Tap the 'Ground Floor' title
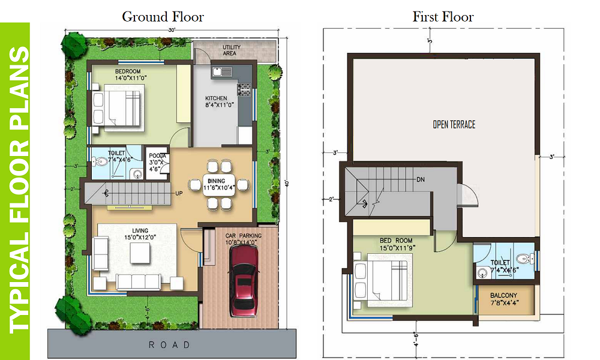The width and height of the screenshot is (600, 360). [163, 16]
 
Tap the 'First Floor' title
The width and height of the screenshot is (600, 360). [443, 16]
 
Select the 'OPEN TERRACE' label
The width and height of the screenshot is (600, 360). [454, 124]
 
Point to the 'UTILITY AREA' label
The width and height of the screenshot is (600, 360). [230, 50]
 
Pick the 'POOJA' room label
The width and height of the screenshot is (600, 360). [157, 156]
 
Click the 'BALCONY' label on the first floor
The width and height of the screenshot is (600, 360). [503, 295]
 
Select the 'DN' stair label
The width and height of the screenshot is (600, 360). [421, 179]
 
